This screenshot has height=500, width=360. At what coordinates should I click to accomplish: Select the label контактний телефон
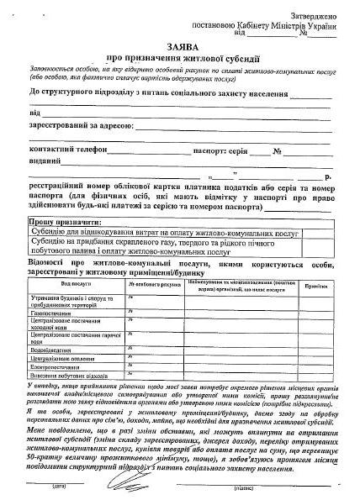coord(68,150)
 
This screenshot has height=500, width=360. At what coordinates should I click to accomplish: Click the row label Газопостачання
coord(56,312)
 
